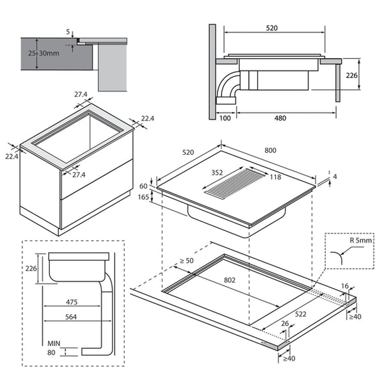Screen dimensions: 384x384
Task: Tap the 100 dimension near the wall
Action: point(223,118)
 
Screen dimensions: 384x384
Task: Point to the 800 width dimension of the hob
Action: point(270,150)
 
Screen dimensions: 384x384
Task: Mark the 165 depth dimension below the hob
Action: point(143,198)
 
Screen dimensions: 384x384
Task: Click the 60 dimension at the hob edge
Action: point(143,186)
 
